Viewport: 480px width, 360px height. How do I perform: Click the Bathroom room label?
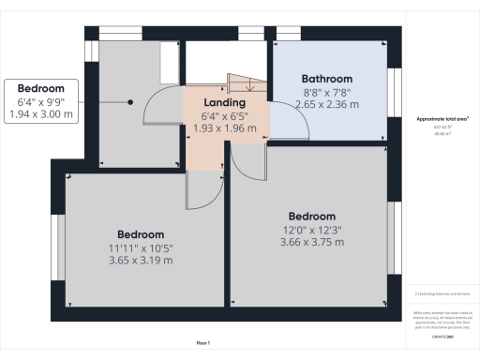[x=326, y=79]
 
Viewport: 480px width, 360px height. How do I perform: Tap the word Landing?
[x=224, y=102]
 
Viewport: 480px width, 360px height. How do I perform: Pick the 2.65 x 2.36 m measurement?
[x=326, y=105]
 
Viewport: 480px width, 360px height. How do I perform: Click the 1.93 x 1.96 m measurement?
[x=224, y=127]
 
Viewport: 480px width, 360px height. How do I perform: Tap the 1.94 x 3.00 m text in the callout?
[x=46, y=113]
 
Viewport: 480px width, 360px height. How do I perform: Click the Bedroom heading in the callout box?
[x=46, y=87]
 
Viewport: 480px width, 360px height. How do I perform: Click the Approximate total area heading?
[x=443, y=120]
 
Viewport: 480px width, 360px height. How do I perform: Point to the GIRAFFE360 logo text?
[x=443, y=335]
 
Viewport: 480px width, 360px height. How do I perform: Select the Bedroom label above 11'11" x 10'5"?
[x=141, y=234]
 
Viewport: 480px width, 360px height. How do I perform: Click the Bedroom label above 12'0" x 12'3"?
[x=312, y=216]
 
